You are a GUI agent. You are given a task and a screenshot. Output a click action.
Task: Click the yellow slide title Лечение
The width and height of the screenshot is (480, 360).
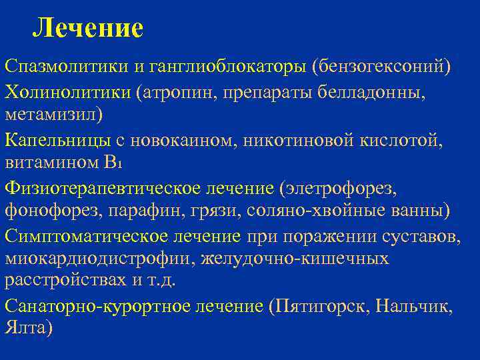click(x=88, y=27)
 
